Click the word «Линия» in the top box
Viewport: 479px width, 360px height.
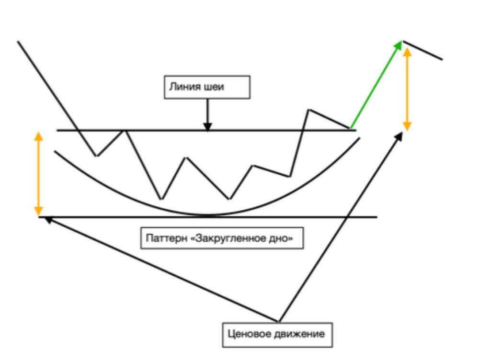point(184,87)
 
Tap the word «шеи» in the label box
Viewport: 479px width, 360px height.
point(213,87)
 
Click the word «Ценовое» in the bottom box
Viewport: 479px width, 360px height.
point(249,334)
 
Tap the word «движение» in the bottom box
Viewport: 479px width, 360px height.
point(299,334)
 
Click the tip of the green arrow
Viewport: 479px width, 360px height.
point(401,41)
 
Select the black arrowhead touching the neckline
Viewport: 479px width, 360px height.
point(208,127)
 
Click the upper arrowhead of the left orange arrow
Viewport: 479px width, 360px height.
point(38,136)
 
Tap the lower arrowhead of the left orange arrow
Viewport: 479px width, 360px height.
point(38,211)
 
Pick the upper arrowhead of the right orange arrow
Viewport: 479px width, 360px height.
point(407,52)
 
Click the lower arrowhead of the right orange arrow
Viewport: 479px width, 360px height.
point(407,126)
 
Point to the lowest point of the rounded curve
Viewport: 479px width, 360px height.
point(208,215)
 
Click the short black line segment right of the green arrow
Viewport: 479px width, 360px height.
point(423,50)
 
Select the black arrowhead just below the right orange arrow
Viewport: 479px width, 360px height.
point(399,136)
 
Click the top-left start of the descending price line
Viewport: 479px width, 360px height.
point(18,41)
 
